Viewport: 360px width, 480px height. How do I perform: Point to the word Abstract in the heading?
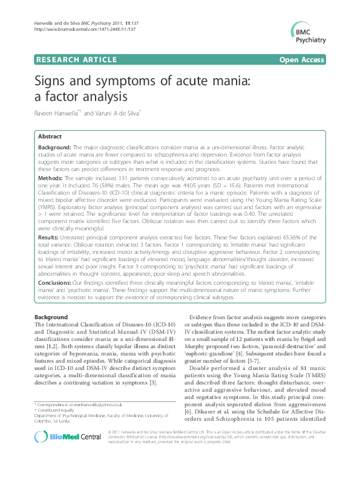coord(50,137)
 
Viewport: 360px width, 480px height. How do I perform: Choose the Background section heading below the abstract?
coord(51,317)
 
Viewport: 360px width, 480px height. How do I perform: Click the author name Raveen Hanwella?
coord(57,113)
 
